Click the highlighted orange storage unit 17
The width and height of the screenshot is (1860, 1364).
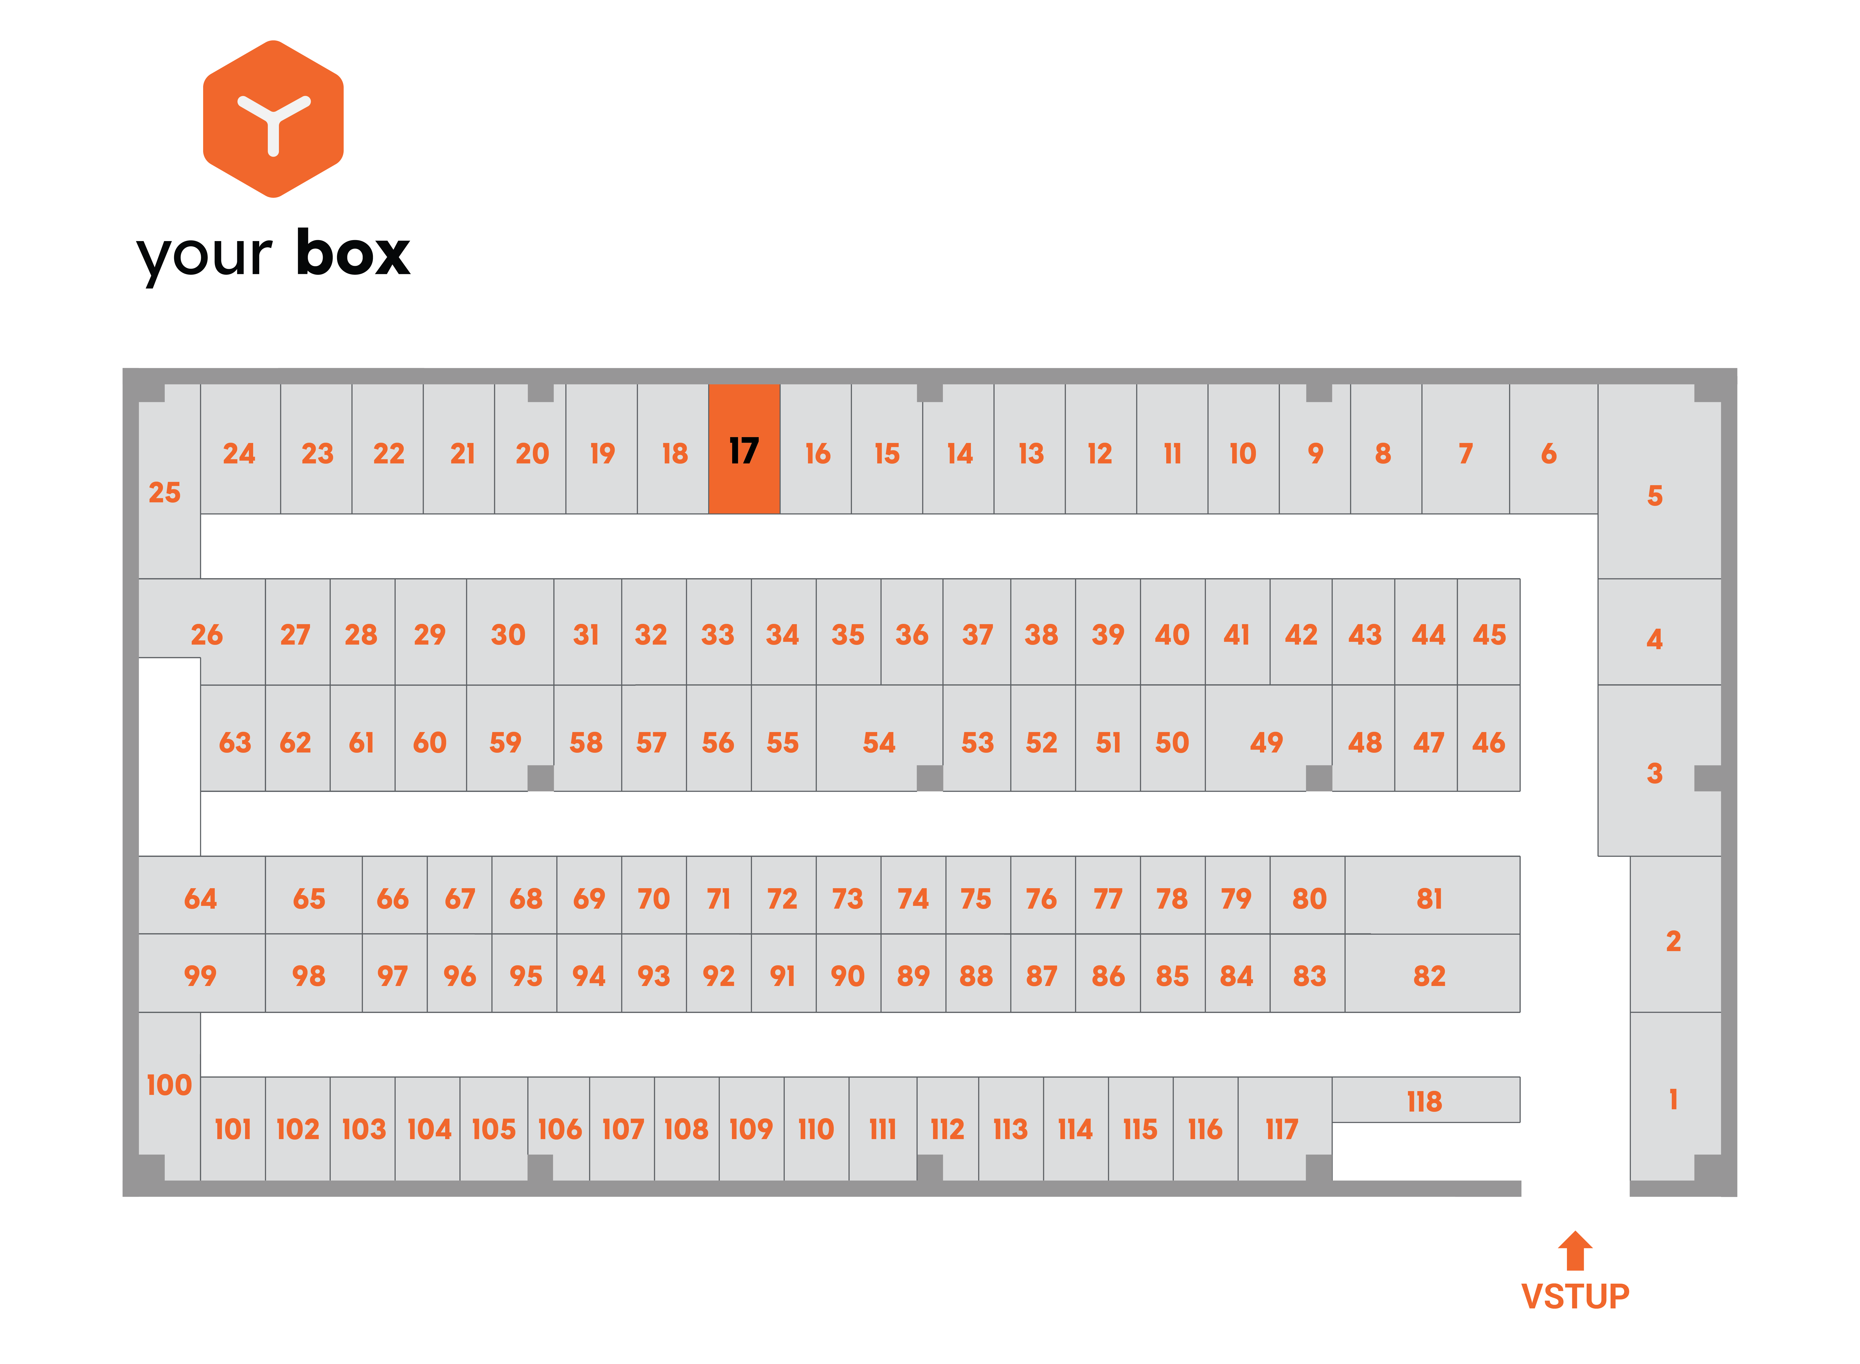(744, 448)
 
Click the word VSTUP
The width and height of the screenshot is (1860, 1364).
(1575, 1296)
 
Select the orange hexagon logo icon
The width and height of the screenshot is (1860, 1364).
(273, 119)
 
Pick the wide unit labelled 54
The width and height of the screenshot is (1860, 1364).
(879, 737)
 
